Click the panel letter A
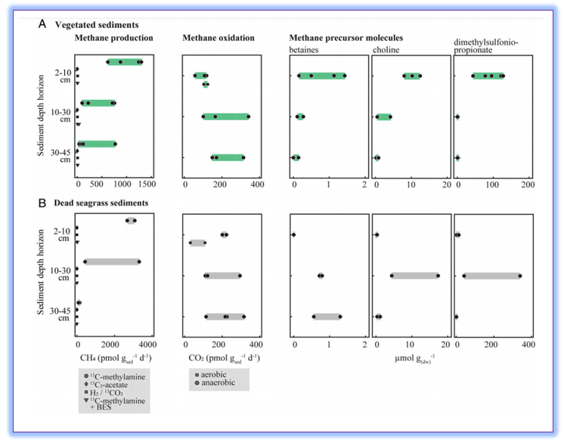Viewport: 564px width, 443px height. click(42, 24)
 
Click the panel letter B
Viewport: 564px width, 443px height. click(42, 203)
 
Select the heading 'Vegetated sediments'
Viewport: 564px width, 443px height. click(97, 25)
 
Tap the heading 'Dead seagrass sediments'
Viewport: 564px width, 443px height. click(101, 203)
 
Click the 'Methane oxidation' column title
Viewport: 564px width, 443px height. click(218, 38)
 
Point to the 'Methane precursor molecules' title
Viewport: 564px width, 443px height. click(346, 38)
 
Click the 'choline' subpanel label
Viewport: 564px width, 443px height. click(386, 50)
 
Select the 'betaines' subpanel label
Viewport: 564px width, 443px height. click(304, 50)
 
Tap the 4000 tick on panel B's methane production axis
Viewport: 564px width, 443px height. click(147, 345)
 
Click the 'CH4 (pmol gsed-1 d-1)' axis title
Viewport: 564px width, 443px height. click(116, 358)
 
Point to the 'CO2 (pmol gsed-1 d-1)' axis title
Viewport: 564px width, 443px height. click(224, 358)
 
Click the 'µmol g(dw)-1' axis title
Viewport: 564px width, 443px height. click(415, 358)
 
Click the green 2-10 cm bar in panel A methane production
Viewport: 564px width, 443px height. click(125, 62)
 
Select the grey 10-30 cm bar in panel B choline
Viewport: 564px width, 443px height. click(415, 276)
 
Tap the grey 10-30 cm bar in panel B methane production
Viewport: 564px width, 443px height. click(112, 262)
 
